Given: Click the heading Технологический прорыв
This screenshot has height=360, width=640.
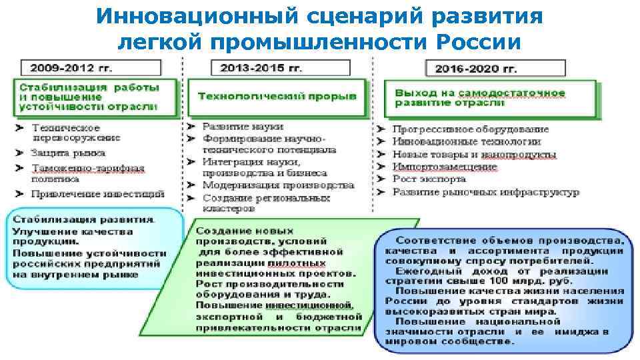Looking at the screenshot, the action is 277,96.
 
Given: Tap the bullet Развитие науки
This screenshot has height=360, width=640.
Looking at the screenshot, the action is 233,126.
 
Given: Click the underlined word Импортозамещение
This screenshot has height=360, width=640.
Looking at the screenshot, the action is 445,166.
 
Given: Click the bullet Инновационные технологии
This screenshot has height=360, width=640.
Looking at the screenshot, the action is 466,141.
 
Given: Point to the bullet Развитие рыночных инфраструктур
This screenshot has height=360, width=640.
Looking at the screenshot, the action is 485,192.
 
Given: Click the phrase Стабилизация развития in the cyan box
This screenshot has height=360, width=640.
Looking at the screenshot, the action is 83,219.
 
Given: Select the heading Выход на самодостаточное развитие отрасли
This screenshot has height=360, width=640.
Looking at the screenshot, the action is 479,98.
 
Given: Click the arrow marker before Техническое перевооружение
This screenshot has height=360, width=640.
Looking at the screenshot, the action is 21,127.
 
